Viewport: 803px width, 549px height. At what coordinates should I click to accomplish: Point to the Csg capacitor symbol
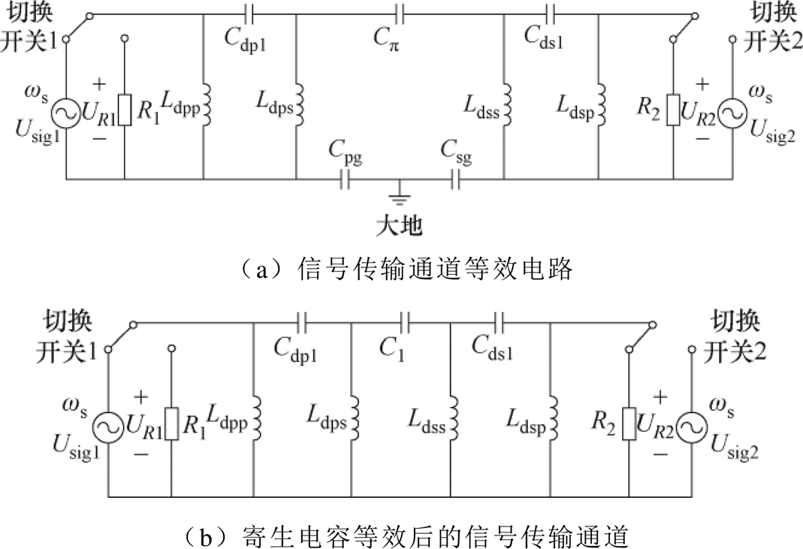tap(456, 179)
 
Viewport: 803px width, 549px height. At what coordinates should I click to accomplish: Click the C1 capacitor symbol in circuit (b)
tap(406, 323)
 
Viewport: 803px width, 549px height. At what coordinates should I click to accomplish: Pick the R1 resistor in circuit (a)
tap(125, 110)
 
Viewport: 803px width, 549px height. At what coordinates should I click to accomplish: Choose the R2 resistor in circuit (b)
tap(629, 424)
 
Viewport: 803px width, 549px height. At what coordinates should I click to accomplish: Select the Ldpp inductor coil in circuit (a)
tap(207, 106)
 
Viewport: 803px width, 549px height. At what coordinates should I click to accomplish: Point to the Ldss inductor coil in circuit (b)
tap(453, 416)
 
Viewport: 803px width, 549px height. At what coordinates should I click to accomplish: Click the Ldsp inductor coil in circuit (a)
tap(602, 104)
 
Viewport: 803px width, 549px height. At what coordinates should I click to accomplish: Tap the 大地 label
tap(400, 225)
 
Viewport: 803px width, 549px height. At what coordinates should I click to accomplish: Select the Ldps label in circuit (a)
tap(274, 103)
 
